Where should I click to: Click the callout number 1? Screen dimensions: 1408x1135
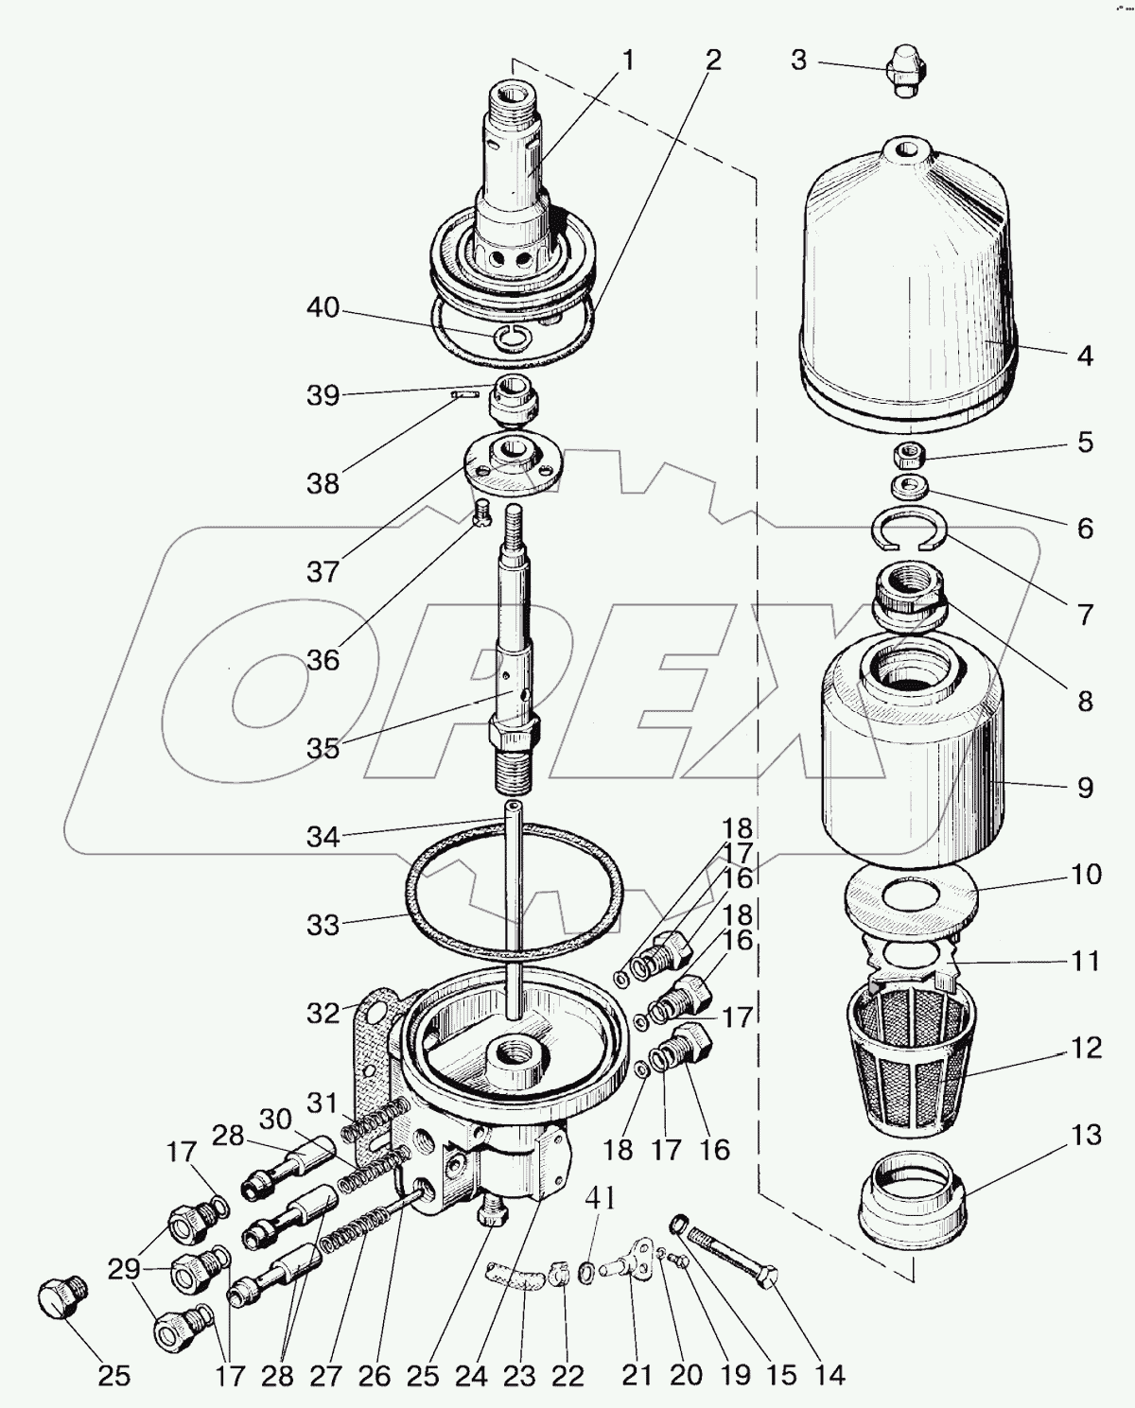[628, 61]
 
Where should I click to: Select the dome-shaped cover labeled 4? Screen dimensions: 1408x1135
[908, 274]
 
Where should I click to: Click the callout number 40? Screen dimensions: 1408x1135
[323, 308]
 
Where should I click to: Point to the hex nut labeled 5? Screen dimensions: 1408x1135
[910, 457]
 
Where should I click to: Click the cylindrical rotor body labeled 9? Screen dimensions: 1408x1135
[908, 747]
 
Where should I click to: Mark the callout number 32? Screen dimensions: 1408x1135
[323, 1013]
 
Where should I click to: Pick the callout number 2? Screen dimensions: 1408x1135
[712, 61]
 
